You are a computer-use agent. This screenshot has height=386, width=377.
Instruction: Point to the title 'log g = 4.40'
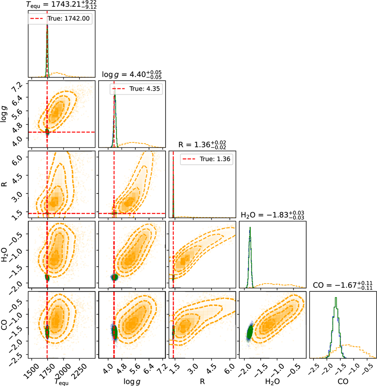coord(132,75)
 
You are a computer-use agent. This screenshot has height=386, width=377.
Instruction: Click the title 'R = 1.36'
coord(202,145)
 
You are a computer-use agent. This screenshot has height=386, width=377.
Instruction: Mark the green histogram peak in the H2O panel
coord(250,228)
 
